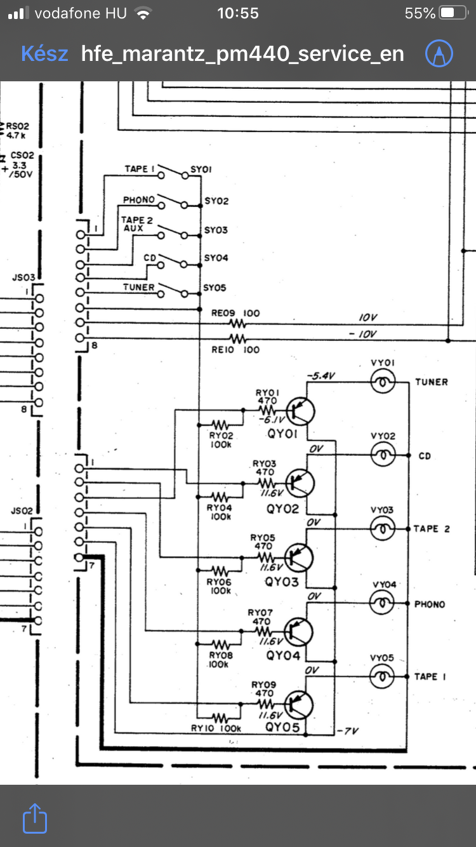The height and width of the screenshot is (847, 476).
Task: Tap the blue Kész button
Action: click(x=44, y=54)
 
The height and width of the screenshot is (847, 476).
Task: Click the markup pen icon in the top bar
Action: click(x=439, y=53)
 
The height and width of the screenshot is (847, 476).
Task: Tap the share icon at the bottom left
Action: click(x=35, y=818)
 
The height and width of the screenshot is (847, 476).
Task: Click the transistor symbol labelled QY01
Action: click(x=300, y=411)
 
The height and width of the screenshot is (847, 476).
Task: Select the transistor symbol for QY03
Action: click(x=299, y=557)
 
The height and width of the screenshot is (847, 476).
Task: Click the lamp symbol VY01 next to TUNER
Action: click(x=383, y=382)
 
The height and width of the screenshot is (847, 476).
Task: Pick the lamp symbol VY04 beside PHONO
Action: click(x=382, y=603)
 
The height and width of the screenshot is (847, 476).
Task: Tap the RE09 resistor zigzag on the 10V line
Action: click(x=237, y=323)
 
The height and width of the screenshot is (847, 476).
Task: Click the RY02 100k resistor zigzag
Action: click(x=220, y=425)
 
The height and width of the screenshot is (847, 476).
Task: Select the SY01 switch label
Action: click(x=201, y=170)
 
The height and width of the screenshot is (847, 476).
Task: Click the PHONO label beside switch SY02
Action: click(x=139, y=199)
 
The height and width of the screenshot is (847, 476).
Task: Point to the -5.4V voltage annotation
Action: click(x=321, y=376)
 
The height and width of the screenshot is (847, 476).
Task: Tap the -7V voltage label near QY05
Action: click(x=347, y=731)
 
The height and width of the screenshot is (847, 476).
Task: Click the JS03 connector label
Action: click(x=23, y=277)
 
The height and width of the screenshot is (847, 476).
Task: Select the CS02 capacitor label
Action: click(x=22, y=155)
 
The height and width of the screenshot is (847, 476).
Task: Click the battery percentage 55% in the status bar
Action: click(x=420, y=13)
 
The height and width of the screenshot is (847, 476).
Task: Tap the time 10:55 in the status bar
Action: click(x=238, y=13)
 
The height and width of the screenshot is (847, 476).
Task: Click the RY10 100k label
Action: click(x=216, y=728)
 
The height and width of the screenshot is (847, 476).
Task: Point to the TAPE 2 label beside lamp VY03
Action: click(x=432, y=529)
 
